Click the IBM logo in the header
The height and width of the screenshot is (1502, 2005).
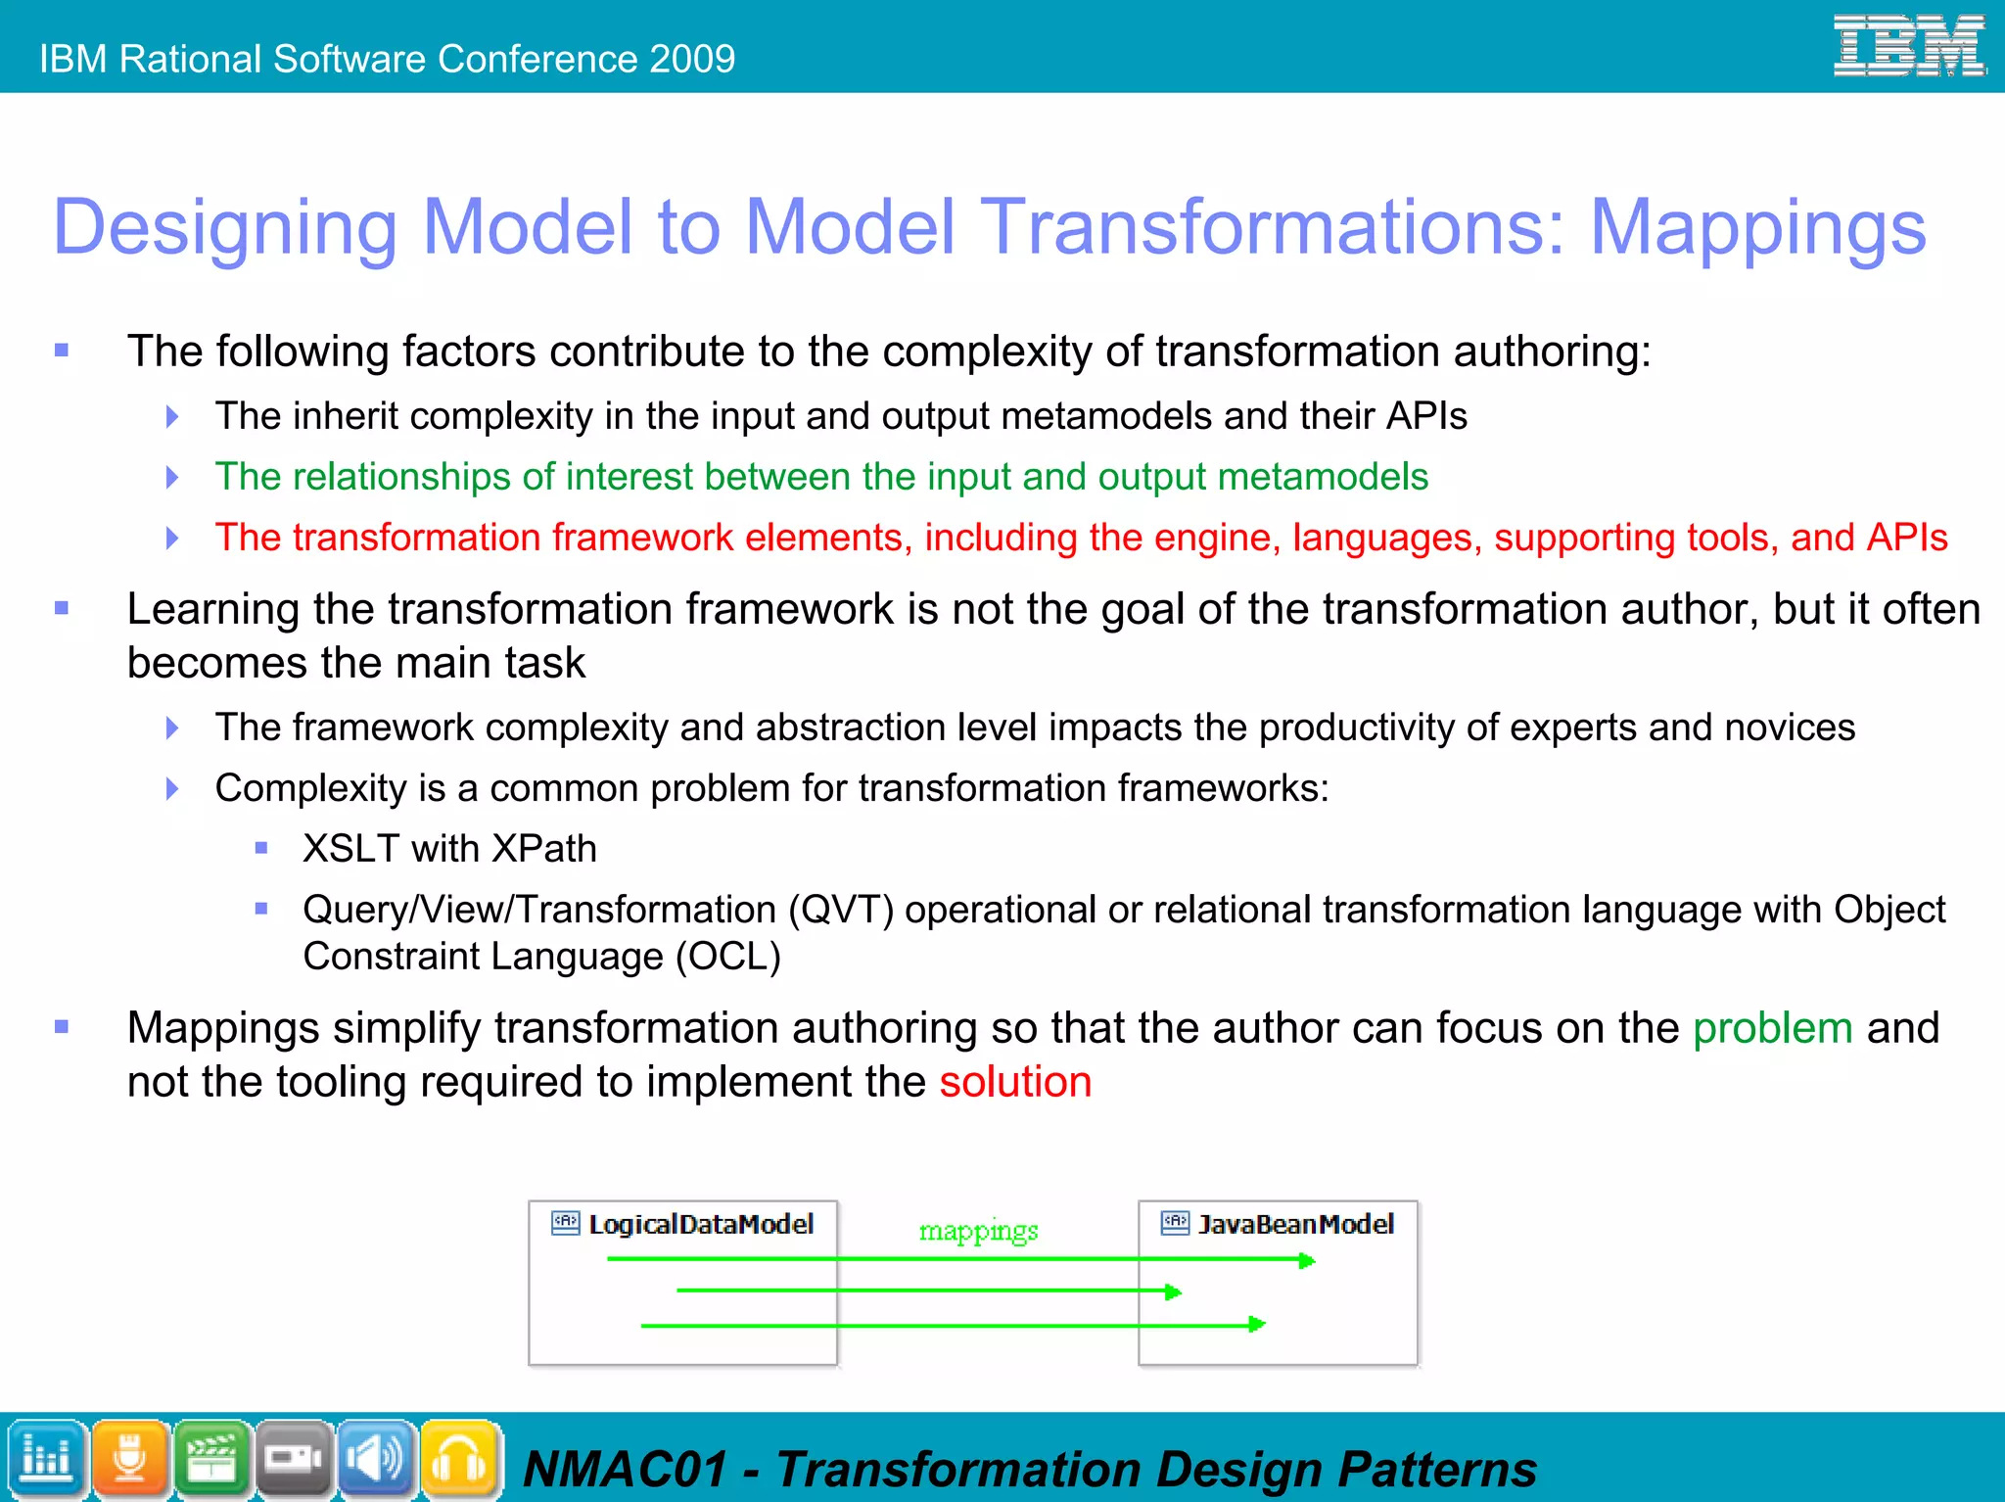tap(1908, 46)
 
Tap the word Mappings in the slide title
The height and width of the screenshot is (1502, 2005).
tap(1757, 228)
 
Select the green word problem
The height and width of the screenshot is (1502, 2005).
tap(1772, 1028)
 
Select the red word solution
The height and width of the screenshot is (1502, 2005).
tap(1015, 1082)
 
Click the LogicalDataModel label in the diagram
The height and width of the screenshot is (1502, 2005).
tap(700, 1224)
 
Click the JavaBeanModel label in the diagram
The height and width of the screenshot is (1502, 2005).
tap(1295, 1224)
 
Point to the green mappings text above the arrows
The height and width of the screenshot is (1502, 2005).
tap(978, 1231)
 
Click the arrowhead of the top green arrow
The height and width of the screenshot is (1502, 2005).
tap(1307, 1261)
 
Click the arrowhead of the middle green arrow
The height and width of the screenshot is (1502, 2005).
tap(1173, 1292)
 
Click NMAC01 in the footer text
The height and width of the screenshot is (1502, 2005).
tap(626, 1470)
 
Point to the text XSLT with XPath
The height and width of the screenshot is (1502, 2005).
tap(449, 849)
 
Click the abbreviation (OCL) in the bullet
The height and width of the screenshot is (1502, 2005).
tap(728, 957)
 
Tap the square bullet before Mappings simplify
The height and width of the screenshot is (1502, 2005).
tap(62, 1027)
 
